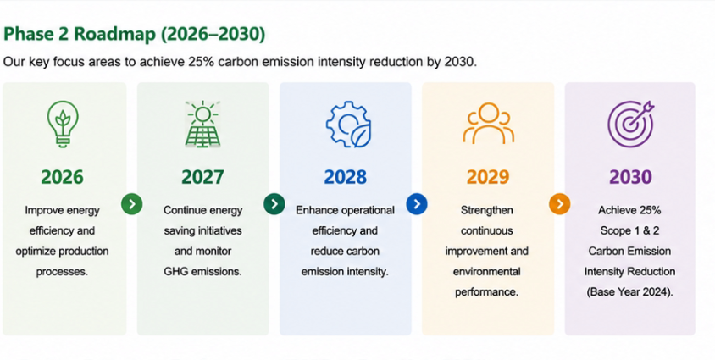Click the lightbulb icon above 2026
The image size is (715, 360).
[x=63, y=124]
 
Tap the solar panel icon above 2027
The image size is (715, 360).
[x=203, y=124]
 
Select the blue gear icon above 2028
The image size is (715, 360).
[x=348, y=124]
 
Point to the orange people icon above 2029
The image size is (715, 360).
[x=488, y=123]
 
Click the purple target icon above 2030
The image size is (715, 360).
[x=631, y=124]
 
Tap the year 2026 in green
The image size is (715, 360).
[x=63, y=177]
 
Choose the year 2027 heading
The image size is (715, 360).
[x=203, y=177]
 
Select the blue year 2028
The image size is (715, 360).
[x=345, y=177]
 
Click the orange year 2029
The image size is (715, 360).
[x=488, y=177]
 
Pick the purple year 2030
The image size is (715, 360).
[x=630, y=177]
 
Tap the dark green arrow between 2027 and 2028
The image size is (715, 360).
[x=274, y=203]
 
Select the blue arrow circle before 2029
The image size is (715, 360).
[x=417, y=203]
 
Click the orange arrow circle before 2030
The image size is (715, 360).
[x=559, y=203]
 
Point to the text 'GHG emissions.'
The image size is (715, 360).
[x=203, y=272]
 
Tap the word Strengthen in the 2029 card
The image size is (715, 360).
[x=487, y=211]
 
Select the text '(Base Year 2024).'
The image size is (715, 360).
[x=629, y=292]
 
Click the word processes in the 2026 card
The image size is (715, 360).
[x=62, y=272]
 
